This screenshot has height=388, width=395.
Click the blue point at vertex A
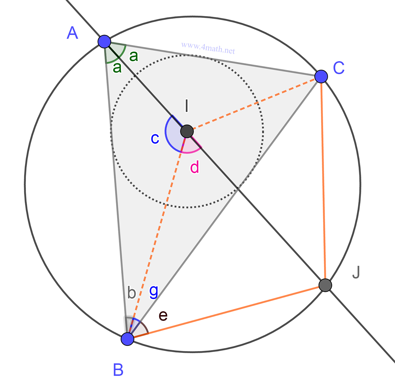104,41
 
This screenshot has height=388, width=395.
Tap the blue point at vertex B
127,339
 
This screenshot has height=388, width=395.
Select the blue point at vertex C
321,76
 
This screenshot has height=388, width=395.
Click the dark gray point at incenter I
187,131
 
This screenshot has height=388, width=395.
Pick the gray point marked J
325,285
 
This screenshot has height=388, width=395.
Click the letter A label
72,33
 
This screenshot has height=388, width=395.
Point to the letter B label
118,369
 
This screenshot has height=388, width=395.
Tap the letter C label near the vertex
339,68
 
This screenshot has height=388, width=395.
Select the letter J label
356,272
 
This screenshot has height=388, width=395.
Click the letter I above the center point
186,106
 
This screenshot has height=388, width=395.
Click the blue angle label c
155,139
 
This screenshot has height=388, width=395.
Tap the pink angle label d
194,168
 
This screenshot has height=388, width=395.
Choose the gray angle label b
132,293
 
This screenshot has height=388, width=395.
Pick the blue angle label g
154,291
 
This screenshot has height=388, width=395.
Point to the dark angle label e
163,315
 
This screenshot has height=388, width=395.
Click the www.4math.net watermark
208,48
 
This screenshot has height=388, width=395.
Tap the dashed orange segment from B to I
157,235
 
